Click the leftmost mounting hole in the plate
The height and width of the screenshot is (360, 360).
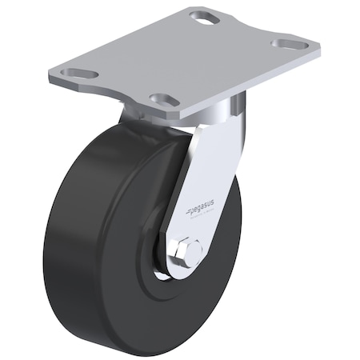click(x=80, y=74)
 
